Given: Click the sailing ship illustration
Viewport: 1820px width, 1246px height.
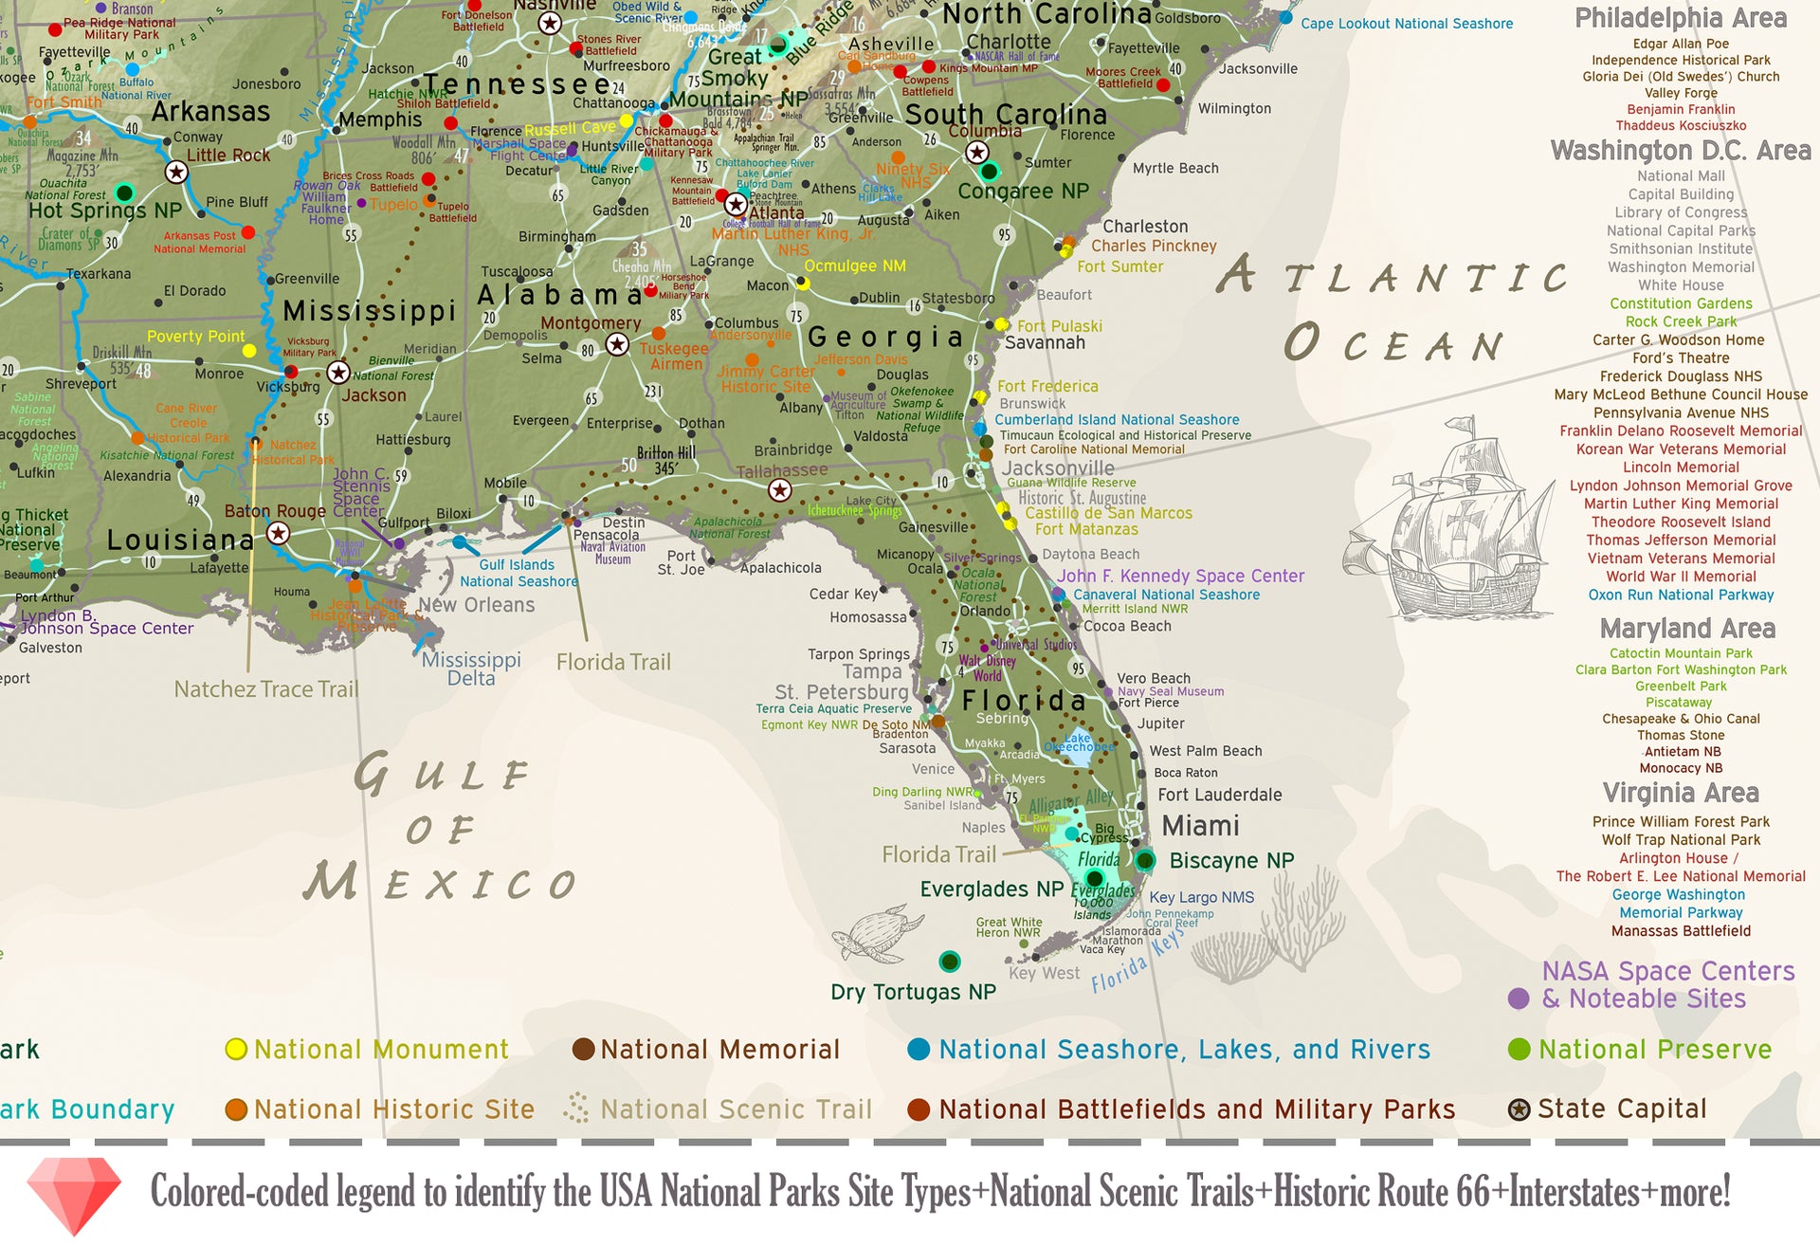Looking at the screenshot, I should (x=1465, y=517).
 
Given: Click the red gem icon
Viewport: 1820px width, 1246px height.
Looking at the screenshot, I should (x=74, y=1194).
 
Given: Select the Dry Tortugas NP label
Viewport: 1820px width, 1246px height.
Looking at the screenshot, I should (x=913, y=992).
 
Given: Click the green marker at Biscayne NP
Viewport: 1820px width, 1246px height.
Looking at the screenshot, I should (x=1145, y=861).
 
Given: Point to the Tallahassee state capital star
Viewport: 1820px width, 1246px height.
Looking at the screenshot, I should (x=779, y=490).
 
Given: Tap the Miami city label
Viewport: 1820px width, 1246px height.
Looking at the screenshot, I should (x=1200, y=826).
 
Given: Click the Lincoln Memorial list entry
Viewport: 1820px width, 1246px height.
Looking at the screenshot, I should (x=1681, y=467).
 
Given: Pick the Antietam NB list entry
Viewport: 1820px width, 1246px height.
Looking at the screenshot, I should (x=1681, y=752).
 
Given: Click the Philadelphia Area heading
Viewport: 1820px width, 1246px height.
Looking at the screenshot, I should (x=1681, y=18).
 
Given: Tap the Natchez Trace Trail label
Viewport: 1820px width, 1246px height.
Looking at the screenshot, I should (x=266, y=689).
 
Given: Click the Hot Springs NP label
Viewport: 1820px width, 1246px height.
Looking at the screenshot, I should (x=104, y=211).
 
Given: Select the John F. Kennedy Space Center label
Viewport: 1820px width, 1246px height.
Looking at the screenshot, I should (x=1180, y=576).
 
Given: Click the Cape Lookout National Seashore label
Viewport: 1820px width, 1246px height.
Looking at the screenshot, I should (x=1406, y=24).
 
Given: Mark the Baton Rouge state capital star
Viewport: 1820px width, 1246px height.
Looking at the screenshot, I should (x=278, y=533).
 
